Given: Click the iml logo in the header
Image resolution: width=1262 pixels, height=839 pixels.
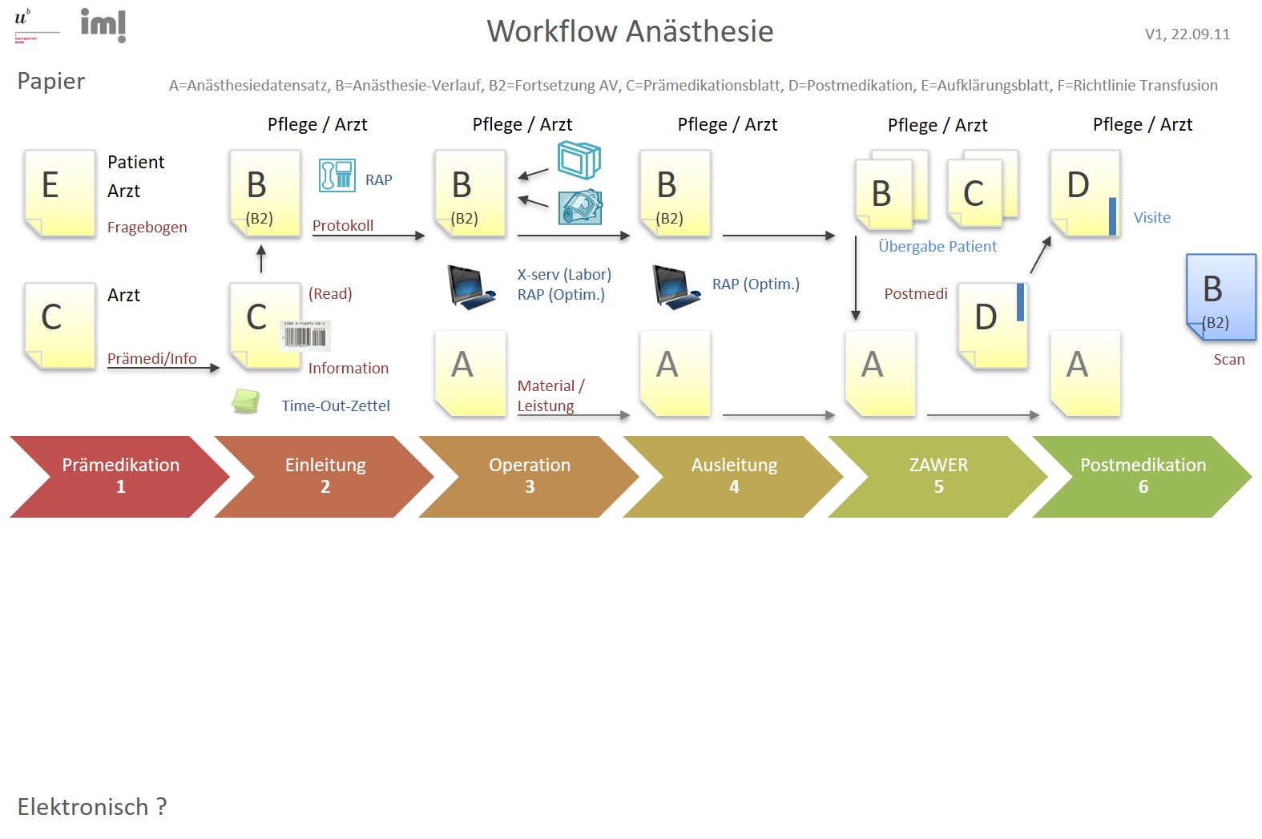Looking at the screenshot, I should pyautogui.click(x=103, y=25).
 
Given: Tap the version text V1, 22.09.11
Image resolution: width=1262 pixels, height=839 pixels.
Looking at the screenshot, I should pyautogui.click(x=1187, y=34).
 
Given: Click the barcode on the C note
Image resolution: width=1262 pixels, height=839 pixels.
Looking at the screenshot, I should pyautogui.click(x=305, y=336).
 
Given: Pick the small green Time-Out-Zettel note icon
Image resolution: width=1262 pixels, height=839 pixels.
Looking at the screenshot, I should pyautogui.click(x=246, y=401).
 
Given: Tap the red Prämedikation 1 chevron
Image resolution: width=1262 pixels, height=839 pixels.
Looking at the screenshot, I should pyautogui.click(x=120, y=476).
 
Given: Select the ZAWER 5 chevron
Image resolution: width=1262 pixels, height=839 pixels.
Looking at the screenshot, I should pyautogui.click(x=937, y=476).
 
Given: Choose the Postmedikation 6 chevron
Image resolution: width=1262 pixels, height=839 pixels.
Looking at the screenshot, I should pyautogui.click(x=1142, y=476).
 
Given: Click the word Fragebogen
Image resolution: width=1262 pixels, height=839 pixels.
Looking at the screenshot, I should pyautogui.click(x=147, y=228).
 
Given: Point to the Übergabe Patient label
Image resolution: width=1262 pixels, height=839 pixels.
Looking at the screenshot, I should pyautogui.click(x=937, y=247).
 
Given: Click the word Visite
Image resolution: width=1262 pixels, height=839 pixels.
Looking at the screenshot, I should pyautogui.click(x=1151, y=218).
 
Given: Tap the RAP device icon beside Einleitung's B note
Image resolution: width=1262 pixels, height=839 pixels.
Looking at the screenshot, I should pyautogui.click(x=337, y=175).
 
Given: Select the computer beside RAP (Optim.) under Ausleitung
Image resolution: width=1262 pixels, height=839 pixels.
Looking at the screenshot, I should pyautogui.click(x=675, y=287).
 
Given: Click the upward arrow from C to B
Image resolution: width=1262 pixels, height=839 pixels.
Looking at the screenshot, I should pyautogui.click(x=260, y=259).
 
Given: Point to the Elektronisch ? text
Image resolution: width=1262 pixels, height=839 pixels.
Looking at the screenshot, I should pyautogui.click(x=92, y=807).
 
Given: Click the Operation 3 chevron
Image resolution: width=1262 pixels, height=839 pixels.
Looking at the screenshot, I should pyautogui.click(x=529, y=476).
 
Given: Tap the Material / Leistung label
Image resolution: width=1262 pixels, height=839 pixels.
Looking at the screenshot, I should pyautogui.click(x=550, y=396).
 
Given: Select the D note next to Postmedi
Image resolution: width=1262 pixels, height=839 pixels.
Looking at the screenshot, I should pyautogui.click(x=992, y=325).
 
